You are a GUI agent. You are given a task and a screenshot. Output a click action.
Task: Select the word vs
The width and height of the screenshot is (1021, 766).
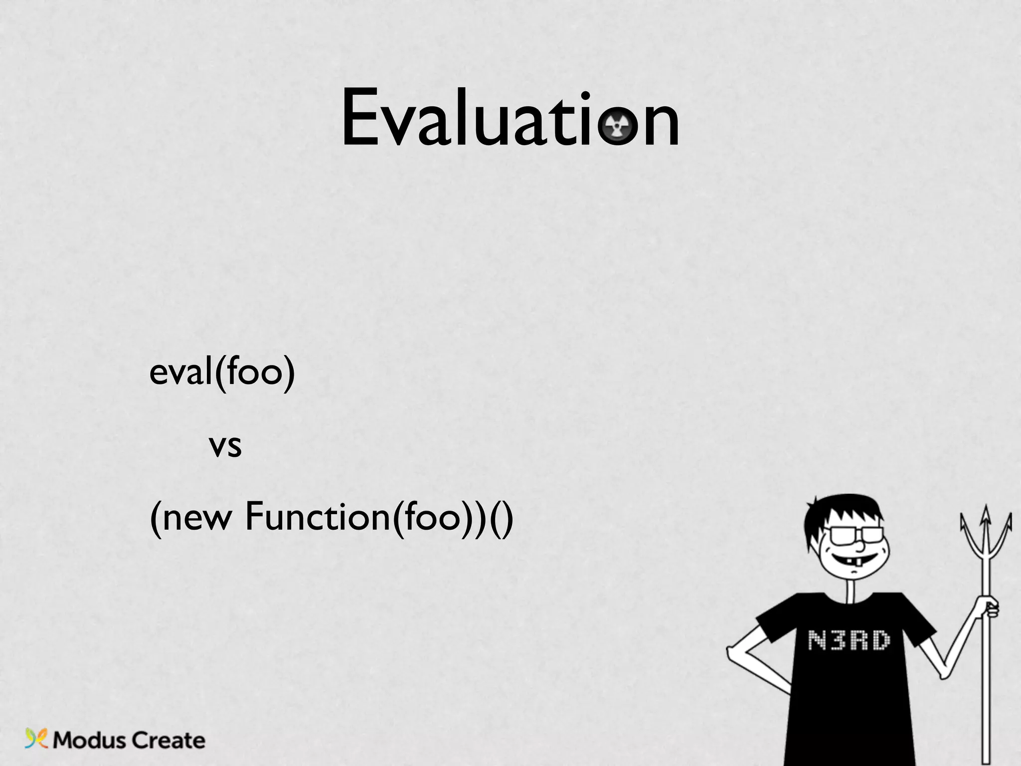[225, 445]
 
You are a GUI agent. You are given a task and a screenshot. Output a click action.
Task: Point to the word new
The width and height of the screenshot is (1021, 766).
[197, 519]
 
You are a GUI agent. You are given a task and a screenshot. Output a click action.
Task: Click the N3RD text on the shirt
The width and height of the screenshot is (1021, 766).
[849, 640]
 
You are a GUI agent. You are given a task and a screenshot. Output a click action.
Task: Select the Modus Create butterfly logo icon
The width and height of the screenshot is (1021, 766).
[36, 739]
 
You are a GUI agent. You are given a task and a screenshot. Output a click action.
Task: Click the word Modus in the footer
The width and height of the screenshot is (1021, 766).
[89, 741]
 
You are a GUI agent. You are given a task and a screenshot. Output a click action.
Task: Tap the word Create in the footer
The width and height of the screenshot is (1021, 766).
[169, 741]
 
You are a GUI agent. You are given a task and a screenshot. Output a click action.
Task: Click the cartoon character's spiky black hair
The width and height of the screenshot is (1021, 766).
[843, 514]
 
